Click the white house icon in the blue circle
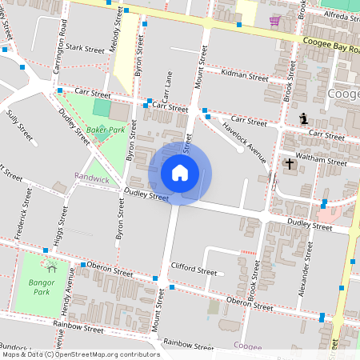click(180, 172)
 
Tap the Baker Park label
click(106, 129)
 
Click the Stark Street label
click(86, 48)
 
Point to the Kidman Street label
click(246, 78)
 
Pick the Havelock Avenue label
click(244, 139)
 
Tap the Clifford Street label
click(194, 272)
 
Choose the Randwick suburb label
click(91, 178)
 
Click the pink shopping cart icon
click(275, 21)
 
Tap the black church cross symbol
click(289, 165)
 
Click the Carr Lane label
click(169, 87)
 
